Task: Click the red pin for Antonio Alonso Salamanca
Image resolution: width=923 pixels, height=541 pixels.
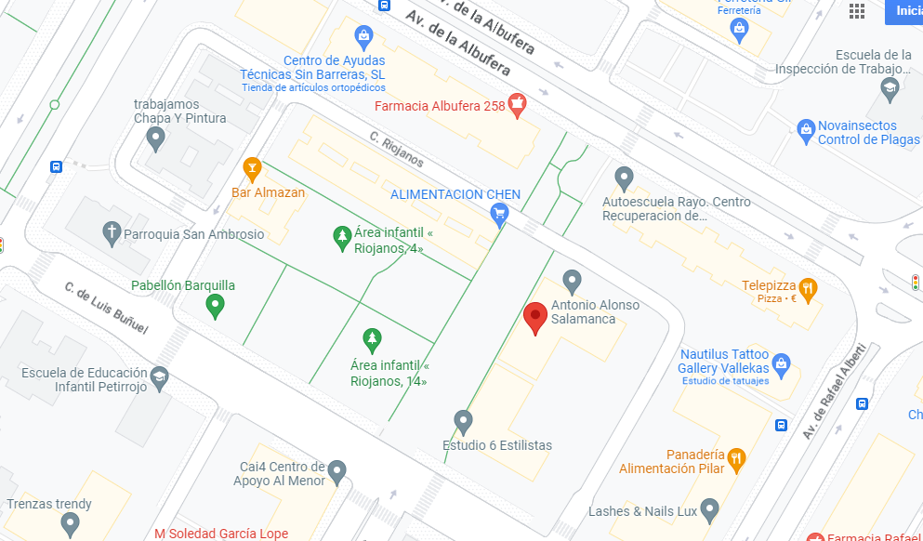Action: pos(535,317)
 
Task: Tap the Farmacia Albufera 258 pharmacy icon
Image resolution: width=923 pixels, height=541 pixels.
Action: pos(518,105)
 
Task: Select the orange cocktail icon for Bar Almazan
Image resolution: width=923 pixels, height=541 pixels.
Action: pos(251,168)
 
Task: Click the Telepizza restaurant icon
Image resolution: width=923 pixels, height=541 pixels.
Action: pos(808,288)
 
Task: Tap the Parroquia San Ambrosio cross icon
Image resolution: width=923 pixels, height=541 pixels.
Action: pos(112,233)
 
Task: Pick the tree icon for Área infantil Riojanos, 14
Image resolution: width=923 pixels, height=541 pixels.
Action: pos(372,339)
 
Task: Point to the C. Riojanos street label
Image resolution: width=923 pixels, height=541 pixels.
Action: pos(397,151)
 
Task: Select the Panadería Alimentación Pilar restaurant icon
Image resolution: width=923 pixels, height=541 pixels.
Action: pos(737,456)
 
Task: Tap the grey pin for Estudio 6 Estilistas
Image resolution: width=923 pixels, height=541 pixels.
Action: pos(463,422)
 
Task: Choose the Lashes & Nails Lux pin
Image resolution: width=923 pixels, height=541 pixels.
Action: pos(710,509)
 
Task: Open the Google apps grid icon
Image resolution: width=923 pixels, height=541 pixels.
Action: pos(857,11)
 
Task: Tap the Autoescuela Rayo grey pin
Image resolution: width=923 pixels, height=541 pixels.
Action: pos(625,177)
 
